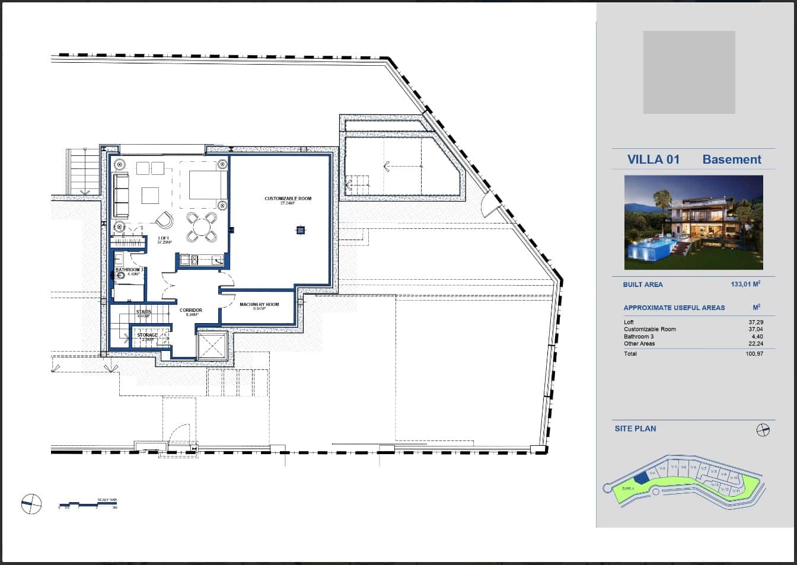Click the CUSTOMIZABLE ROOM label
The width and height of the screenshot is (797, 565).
(288, 199)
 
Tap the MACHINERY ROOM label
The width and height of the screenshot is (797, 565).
(259, 305)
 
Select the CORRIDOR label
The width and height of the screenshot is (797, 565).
(191, 310)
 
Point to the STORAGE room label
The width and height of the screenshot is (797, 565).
(148, 336)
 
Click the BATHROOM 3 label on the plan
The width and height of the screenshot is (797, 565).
(129, 270)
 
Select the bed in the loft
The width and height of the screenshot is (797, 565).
(207, 184)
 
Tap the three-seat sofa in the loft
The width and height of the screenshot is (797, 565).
(120, 195)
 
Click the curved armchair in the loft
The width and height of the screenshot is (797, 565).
(165, 221)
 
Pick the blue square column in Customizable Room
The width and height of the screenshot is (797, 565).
(301, 230)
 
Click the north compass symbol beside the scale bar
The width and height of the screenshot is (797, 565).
(31, 504)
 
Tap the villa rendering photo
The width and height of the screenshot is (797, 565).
(693, 222)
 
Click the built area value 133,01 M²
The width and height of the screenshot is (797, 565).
(745, 285)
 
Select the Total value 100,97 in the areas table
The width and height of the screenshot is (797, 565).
(754, 354)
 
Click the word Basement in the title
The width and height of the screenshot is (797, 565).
(732, 159)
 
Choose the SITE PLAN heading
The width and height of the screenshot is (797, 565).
(635, 429)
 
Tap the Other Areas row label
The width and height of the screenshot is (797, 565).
(639, 344)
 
